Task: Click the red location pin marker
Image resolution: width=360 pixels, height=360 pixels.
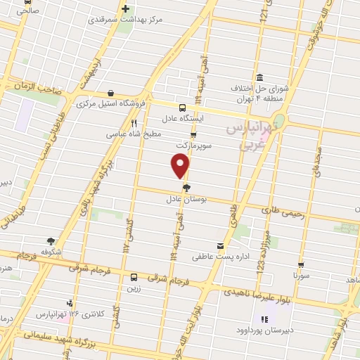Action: (181, 166)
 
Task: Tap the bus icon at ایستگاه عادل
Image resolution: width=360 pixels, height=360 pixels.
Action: (182, 108)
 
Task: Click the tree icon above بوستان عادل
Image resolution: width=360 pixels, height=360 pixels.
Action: (186, 187)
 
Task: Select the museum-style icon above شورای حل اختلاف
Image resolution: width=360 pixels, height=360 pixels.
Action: (259, 77)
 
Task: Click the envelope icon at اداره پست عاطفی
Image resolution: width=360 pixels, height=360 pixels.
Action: (221, 245)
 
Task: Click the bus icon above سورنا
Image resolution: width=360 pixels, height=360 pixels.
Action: (301, 265)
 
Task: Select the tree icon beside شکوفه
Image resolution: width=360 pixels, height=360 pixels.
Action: (50, 242)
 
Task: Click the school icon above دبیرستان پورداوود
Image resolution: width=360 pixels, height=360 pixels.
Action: (264, 319)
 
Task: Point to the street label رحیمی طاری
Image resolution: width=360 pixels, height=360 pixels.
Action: (283, 210)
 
